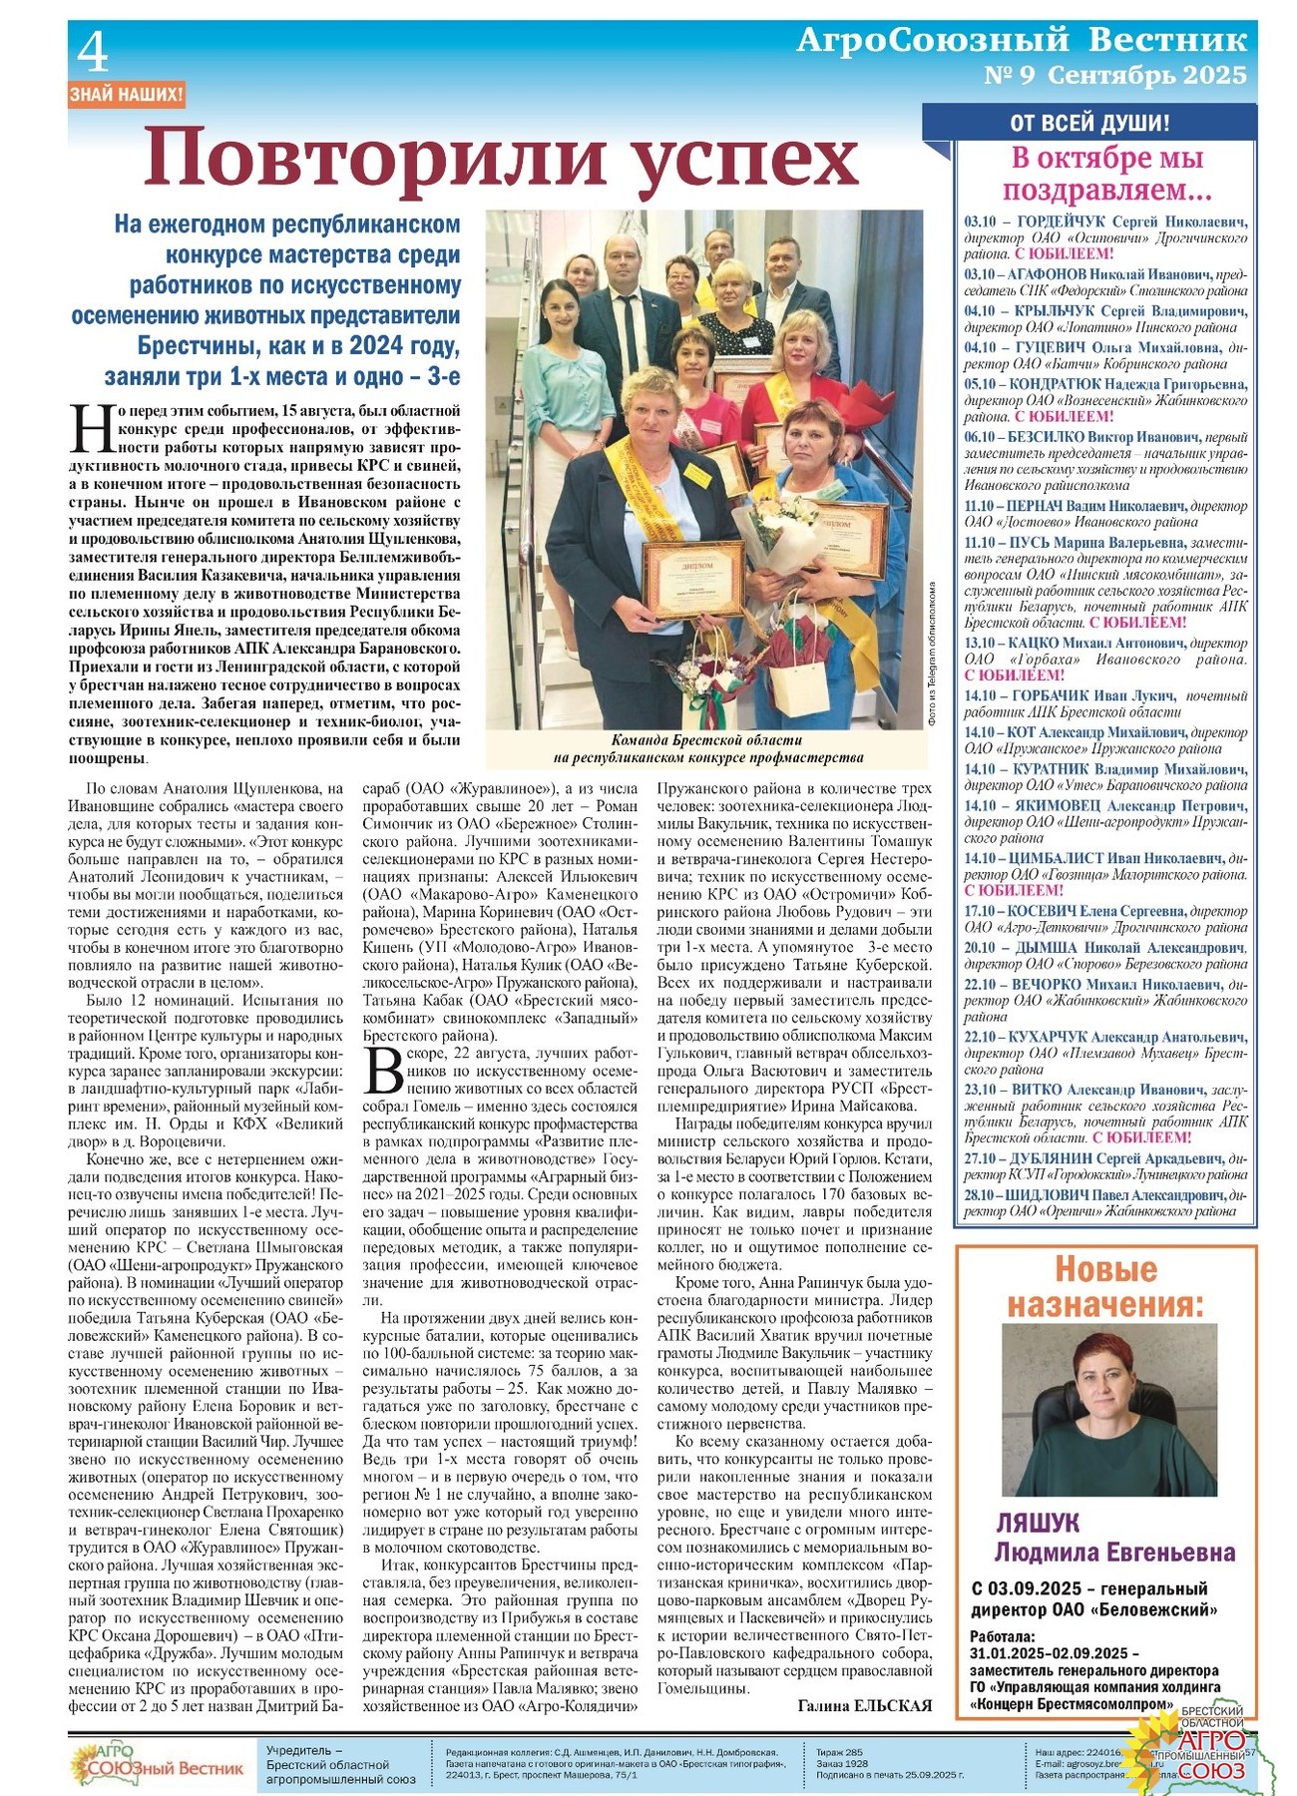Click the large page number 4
pos(93,53)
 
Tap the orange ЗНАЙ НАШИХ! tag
pos(127,96)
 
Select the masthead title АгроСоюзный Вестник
pos(1022,40)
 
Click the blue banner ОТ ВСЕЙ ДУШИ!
pos(1089,124)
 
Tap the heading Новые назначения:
pos(1105,1287)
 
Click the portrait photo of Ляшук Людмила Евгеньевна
pos(1109,1409)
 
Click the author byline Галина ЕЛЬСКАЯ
pos(864,1705)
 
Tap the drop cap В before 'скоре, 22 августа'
pos(382,1072)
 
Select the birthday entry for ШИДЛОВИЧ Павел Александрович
pos(1104,1202)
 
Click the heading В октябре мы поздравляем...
pos(1106,174)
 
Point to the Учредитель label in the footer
pos(304,1750)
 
